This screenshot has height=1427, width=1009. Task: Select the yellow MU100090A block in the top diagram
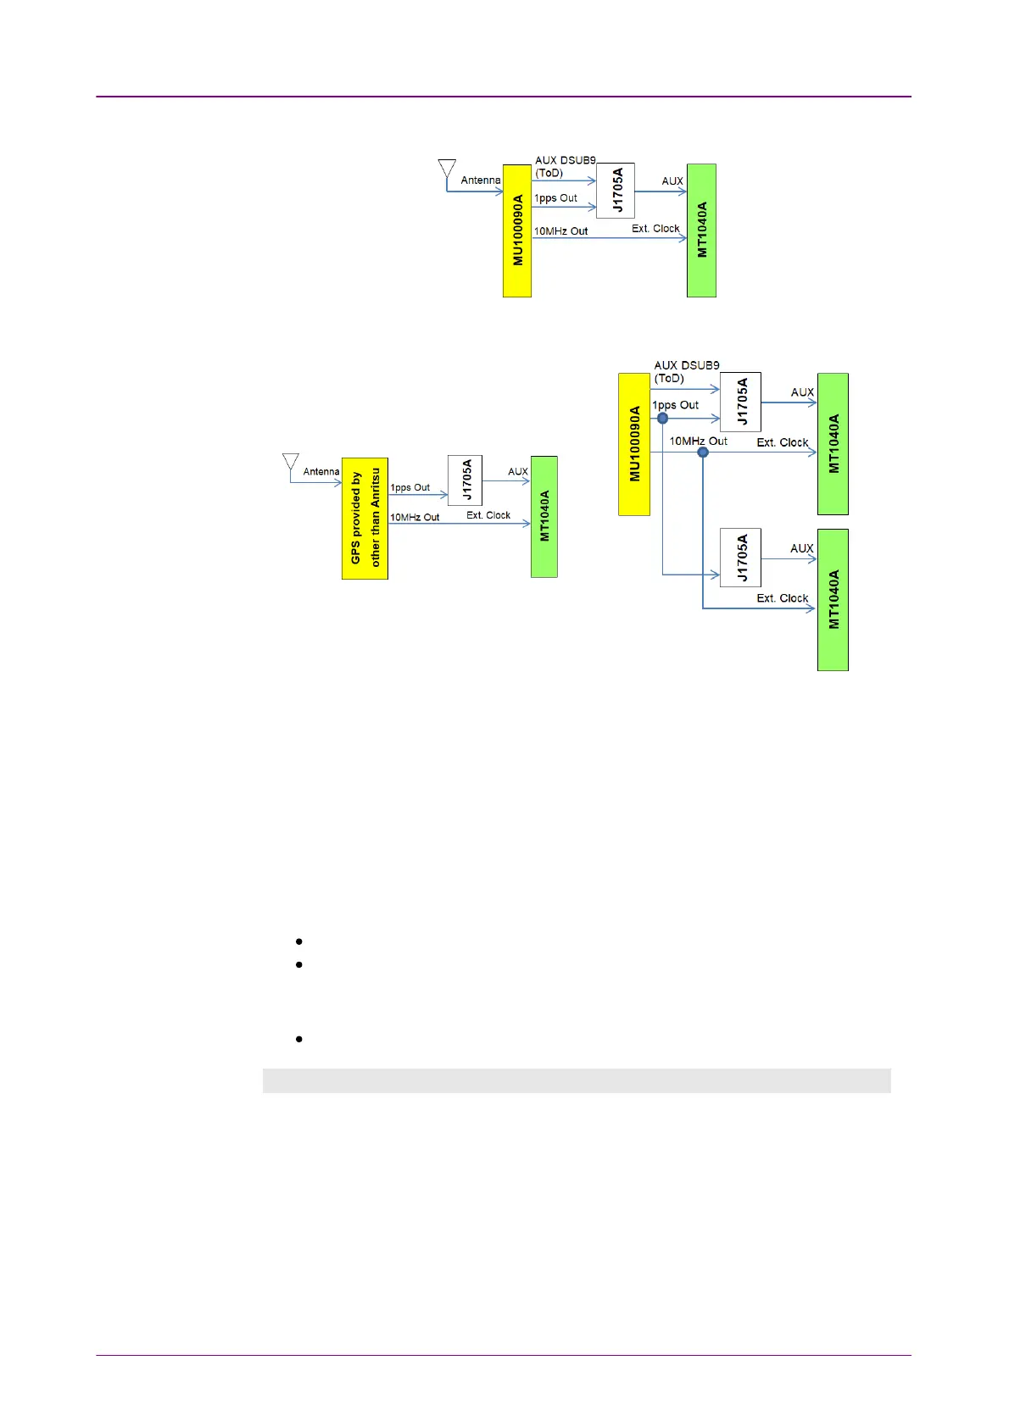pyautogui.click(x=517, y=230)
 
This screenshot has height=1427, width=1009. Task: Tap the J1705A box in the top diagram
pyautogui.click(x=616, y=191)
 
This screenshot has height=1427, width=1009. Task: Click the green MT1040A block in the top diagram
pyautogui.click(x=701, y=230)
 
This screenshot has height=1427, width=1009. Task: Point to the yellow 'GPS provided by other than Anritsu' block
pyautogui.click(x=365, y=519)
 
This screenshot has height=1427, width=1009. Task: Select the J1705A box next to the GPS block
pyautogui.click(x=465, y=480)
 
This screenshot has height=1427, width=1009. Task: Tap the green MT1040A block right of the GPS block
pyautogui.click(x=544, y=517)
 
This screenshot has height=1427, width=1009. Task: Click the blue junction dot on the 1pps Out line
pyautogui.click(x=663, y=418)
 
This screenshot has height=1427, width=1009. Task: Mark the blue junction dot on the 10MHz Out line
pyautogui.click(x=703, y=453)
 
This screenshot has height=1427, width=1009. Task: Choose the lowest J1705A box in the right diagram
pyautogui.click(x=740, y=558)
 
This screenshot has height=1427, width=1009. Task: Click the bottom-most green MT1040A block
pyautogui.click(x=833, y=600)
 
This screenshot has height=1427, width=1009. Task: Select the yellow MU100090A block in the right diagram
pyautogui.click(x=634, y=444)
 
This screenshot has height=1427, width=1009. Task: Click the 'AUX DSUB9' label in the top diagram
pyautogui.click(x=566, y=160)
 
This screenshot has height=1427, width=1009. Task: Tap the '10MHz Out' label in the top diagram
pyautogui.click(x=560, y=230)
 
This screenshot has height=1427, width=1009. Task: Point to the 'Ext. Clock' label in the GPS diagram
pyautogui.click(x=488, y=515)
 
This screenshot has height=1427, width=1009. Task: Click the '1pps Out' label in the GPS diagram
pyautogui.click(x=410, y=488)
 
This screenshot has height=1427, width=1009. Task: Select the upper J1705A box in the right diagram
pyautogui.click(x=740, y=402)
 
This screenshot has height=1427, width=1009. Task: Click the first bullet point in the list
pyautogui.click(x=299, y=941)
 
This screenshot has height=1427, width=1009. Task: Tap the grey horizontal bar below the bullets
pyautogui.click(x=577, y=1080)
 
